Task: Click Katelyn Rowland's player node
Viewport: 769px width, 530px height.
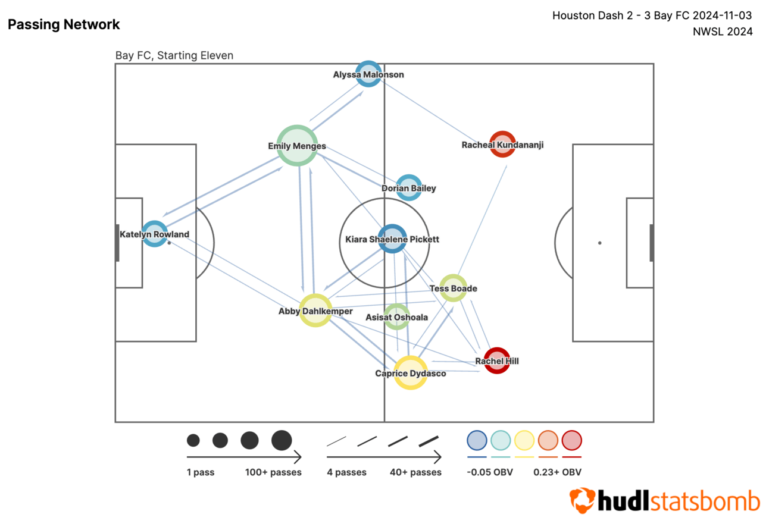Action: pyautogui.click(x=155, y=234)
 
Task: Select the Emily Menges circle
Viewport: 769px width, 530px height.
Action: pyautogui.click(x=296, y=146)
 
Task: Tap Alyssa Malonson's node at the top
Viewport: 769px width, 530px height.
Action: pyautogui.click(x=368, y=74)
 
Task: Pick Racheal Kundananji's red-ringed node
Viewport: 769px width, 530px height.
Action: pyautogui.click(x=502, y=145)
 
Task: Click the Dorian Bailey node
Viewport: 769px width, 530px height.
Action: pyautogui.click(x=409, y=188)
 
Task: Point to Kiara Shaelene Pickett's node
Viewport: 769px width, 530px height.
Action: pyautogui.click(x=392, y=239)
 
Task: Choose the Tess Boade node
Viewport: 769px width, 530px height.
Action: pyautogui.click(x=453, y=288)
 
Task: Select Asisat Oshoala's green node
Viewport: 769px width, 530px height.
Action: pyautogui.click(x=396, y=317)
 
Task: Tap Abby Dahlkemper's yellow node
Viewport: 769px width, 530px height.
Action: pyautogui.click(x=315, y=311)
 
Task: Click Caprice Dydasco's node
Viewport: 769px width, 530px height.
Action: pyautogui.click(x=410, y=373)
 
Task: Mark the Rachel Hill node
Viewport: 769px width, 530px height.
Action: pyautogui.click(x=496, y=361)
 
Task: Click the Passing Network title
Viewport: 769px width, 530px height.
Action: pyautogui.click(x=64, y=24)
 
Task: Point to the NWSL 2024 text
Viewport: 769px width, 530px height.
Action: pyautogui.click(x=723, y=32)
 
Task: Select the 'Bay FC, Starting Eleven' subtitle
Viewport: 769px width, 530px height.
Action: pyautogui.click(x=174, y=55)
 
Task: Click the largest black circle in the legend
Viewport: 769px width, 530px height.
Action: pyautogui.click(x=282, y=441)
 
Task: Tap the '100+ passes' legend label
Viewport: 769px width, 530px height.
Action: pyautogui.click(x=273, y=472)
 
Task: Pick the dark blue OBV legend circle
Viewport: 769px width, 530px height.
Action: pyautogui.click(x=477, y=441)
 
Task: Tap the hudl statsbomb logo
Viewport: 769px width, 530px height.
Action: pyautogui.click(x=664, y=501)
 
